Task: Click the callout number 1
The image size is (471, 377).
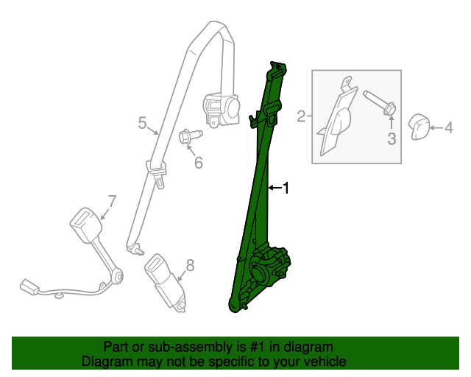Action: pyautogui.click(x=286, y=188)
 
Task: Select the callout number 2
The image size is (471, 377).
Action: pyautogui.click(x=301, y=116)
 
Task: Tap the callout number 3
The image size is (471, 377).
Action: pyautogui.click(x=392, y=138)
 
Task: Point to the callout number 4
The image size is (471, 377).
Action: pyautogui.click(x=448, y=128)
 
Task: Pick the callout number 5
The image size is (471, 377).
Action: pyautogui.click(x=143, y=123)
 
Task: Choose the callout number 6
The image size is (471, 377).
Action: pyautogui.click(x=198, y=162)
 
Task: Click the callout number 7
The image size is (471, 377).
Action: pyautogui.click(x=112, y=200)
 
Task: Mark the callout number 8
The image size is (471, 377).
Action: pyautogui.click(x=190, y=266)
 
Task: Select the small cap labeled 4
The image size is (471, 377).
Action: pyautogui.click(x=419, y=127)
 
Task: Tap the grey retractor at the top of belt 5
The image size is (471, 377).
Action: pyautogui.click(x=222, y=109)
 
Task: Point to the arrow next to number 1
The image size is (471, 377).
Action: pyautogui.click(x=274, y=188)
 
